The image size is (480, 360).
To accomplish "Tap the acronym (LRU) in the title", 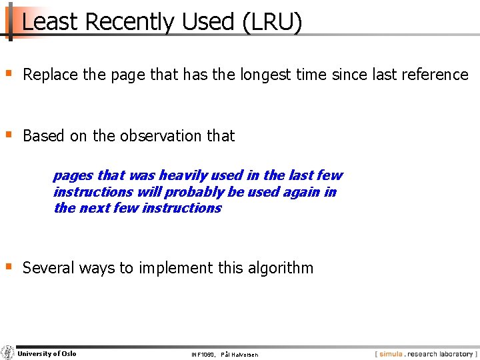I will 273,23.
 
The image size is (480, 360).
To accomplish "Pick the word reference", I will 436,75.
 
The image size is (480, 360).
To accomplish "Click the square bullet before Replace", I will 9,73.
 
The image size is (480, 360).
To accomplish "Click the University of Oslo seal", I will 8,353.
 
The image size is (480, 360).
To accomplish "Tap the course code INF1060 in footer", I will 202,355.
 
